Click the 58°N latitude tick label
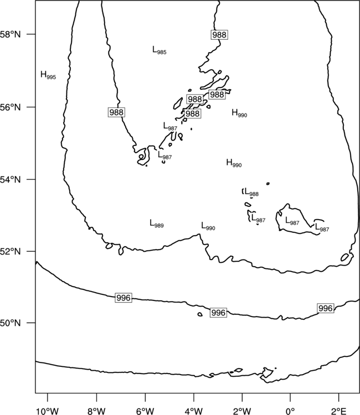coord(11,34)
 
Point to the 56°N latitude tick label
coord(11,107)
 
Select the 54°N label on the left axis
coord(11,180)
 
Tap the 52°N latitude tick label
coord(11,251)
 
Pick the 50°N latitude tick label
coord(11,323)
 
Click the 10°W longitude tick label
coord(48,411)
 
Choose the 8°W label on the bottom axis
coord(96,411)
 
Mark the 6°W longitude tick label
coord(145,411)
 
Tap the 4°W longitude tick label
coord(193,411)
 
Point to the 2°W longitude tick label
coord(242,411)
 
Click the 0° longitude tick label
coord(290,411)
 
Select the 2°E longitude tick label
coord(339,411)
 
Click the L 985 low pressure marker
coord(159,50)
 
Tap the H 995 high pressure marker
coord(48,75)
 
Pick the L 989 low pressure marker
coord(157,224)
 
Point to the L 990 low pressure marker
coord(208,226)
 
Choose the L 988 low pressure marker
coord(251,192)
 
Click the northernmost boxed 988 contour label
coord(220,35)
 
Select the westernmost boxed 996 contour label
coord(124,298)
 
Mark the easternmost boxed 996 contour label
coord(325,308)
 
